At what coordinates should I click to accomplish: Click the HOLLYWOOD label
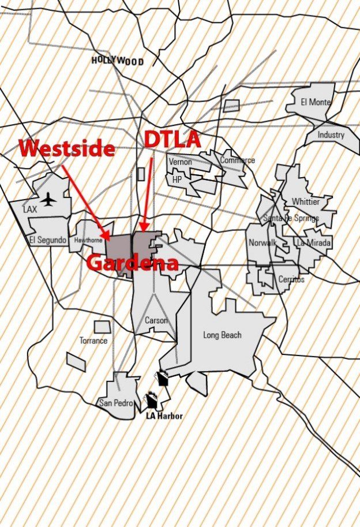pos(118,60)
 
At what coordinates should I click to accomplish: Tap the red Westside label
pos(66,148)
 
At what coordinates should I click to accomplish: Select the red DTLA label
pos(172,139)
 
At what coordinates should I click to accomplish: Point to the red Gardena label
pos(133,263)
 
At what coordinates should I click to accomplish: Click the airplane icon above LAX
pos(50,199)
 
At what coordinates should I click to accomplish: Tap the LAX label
pos(30,210)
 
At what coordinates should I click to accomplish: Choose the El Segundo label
pos(48,240)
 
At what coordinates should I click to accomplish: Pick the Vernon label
pos(180,162)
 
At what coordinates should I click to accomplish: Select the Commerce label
pos(237,160)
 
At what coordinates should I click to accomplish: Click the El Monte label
pos(316,102)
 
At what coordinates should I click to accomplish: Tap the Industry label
pos(331,135)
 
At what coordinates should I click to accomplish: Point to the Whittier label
pos(305,201)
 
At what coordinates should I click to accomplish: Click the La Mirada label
pos(314,243)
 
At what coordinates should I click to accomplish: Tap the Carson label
pos(156,320)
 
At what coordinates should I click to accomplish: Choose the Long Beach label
pos(222,335)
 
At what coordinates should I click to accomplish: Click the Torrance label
pos(93,341)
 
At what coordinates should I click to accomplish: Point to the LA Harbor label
pos(164,416)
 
